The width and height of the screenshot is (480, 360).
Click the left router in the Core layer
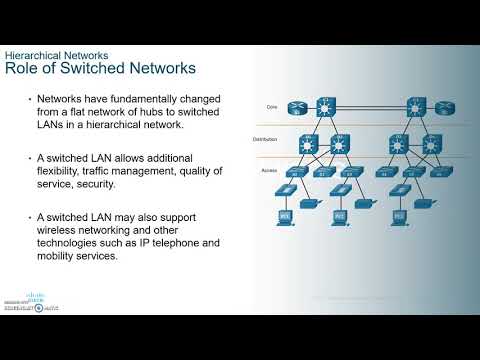point(296,106)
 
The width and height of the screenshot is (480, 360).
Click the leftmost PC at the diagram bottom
point(284,215)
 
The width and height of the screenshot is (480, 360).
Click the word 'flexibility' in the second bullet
point(67,171)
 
